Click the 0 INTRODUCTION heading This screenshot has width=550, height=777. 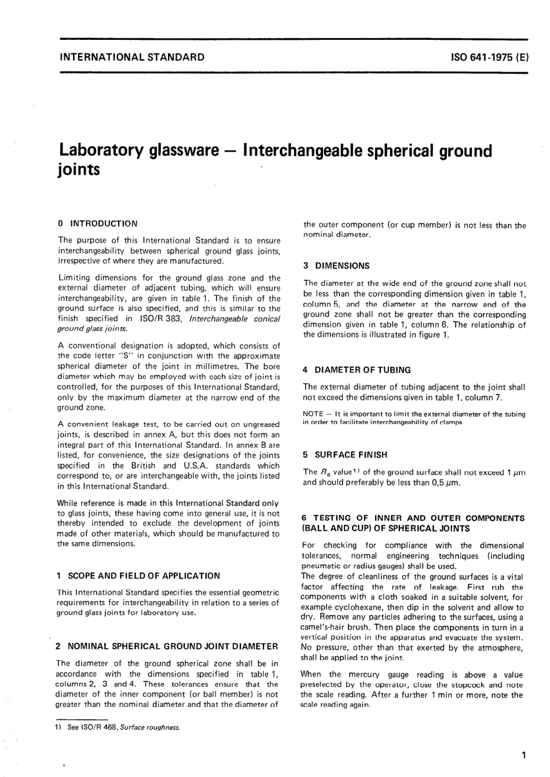[x=98, y=223]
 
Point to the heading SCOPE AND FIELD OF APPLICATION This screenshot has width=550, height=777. [x=144, y=576]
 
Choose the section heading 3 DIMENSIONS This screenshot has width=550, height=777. [x=336, y=266]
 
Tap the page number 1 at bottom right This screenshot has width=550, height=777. [x=523, y=754]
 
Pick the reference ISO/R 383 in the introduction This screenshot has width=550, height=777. [x=160, y=319]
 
